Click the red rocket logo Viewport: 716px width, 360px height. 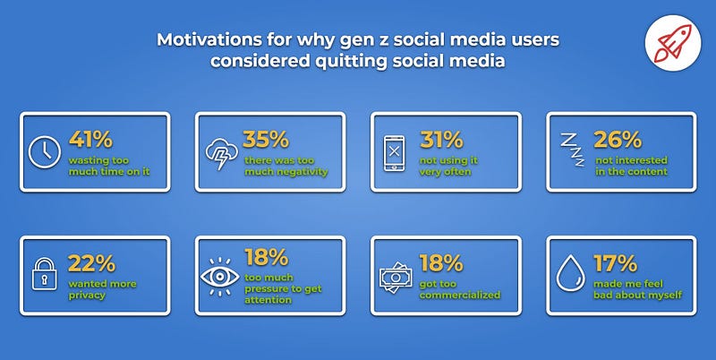tap(673, 43)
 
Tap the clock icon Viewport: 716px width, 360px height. tap(44, 151)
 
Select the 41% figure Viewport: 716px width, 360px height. tap(90, 140)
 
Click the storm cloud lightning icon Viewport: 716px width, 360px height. tap(221, 152)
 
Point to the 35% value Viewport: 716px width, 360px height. tap(266, 140)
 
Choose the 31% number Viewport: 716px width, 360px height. tap(441, 140)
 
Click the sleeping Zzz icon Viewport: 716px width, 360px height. tap(573, 150)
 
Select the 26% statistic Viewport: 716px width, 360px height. tap(618, 140)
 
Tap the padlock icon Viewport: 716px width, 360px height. tap(44, 273)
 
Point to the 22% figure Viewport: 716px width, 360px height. tap(91, 263)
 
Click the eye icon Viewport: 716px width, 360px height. tap(219, 277)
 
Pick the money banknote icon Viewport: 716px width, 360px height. tap(396, 277)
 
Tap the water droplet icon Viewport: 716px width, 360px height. tap(570, 273)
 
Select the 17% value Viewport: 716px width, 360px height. tap(615, 263)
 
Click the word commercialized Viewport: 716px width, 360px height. tap(460, 296)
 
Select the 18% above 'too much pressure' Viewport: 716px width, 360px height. tap(267, 257)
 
